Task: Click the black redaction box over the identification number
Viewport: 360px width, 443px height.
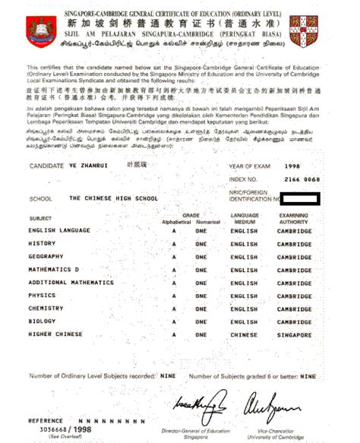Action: pos(300,199)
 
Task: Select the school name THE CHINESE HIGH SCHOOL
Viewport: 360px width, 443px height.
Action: pos(113,198)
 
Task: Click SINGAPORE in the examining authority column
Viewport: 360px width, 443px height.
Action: pos(294,334)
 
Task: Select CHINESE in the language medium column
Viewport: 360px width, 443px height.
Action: pos(244,334)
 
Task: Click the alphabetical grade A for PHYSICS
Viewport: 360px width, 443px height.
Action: pos(174,296)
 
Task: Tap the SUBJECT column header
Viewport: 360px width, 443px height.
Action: pos(40,218)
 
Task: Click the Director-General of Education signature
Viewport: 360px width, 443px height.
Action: pos(202,399)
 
